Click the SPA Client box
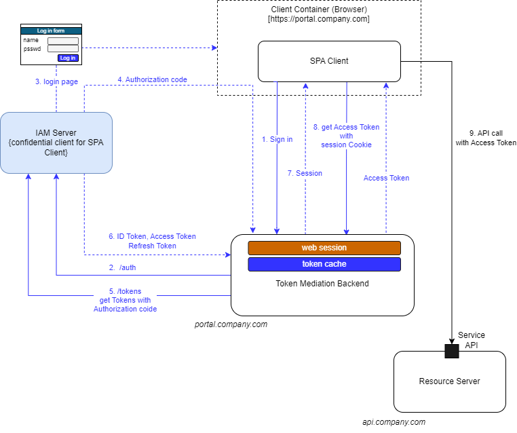pos(329,61)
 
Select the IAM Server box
pos(56,143)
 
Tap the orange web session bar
pos(324,248)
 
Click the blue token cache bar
pos(324,264)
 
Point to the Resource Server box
pos(449,381)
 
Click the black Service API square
pos(452,351)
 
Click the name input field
pos(62,41)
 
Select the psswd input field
pos(62,49)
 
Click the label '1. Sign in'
pos(277,139)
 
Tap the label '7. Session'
pos(305,173)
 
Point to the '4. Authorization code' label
pos(152,79)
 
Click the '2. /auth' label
pos(123,267)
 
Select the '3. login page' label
pos(56,81)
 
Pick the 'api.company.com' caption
pos(394,422)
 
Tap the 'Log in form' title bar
pos(51,31)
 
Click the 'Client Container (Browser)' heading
pos(319,9)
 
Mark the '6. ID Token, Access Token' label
pos(152,236)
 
